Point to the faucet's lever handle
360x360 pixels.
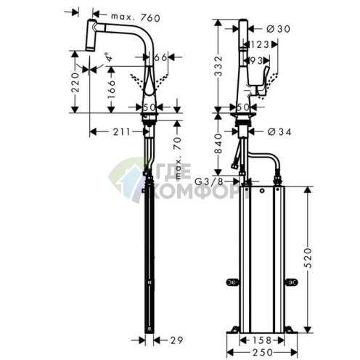point(262,80)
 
